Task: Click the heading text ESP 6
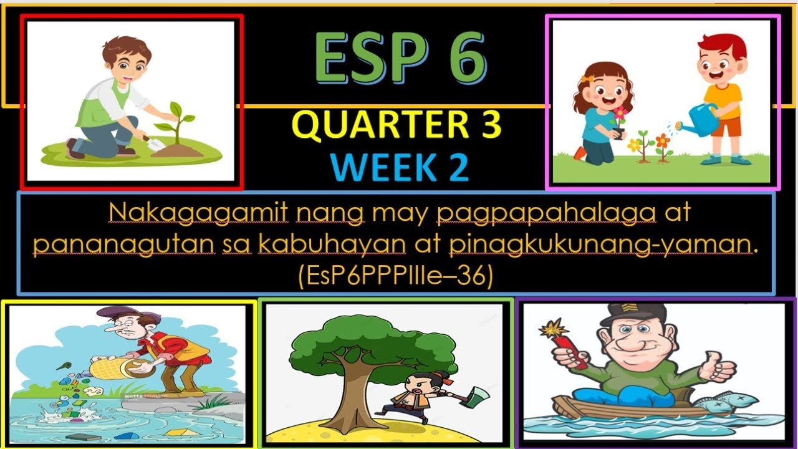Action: coord(400,59)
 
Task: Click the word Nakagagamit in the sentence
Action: coord(198,214)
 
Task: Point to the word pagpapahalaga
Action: coord(547,214)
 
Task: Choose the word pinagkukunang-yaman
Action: coord(599,245)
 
